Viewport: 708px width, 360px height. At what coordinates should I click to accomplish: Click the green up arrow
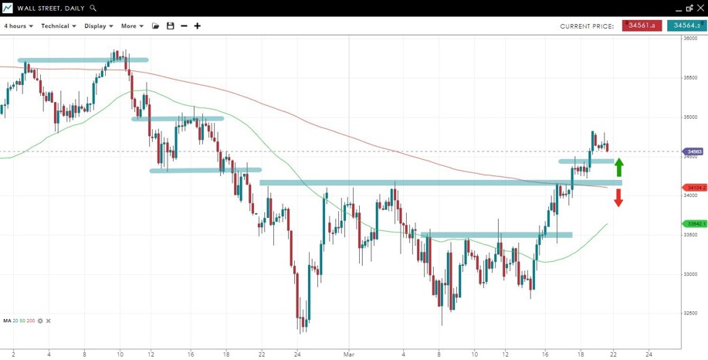point(618,168)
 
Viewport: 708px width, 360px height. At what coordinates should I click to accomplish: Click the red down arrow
point(618,198)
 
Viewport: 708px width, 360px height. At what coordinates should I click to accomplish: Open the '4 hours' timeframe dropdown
point(18,26)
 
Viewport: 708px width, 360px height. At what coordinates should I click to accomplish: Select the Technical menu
point(58,26)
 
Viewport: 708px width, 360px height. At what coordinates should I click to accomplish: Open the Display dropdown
point(98,26)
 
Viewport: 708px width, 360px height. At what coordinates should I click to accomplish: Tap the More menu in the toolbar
point(131,26)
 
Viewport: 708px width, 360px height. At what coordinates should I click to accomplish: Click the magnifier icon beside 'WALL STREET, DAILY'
point(93,8)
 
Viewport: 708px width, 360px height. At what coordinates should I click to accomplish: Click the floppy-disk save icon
point(171,26)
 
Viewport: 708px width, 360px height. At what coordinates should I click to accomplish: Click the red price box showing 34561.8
point(642,25)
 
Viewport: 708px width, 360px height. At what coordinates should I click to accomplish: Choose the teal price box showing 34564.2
point(686,25)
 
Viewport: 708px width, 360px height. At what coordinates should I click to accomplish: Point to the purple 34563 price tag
point(693,151)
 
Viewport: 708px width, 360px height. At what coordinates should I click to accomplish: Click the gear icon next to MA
point(40,321)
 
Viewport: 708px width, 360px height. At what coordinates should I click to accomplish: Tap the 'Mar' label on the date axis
point(349,354)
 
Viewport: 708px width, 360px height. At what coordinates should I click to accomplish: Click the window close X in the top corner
point(700,8)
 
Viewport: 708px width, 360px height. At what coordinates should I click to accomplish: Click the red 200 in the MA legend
point(31,321)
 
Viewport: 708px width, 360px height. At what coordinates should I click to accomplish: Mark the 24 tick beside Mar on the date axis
point(297,354)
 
